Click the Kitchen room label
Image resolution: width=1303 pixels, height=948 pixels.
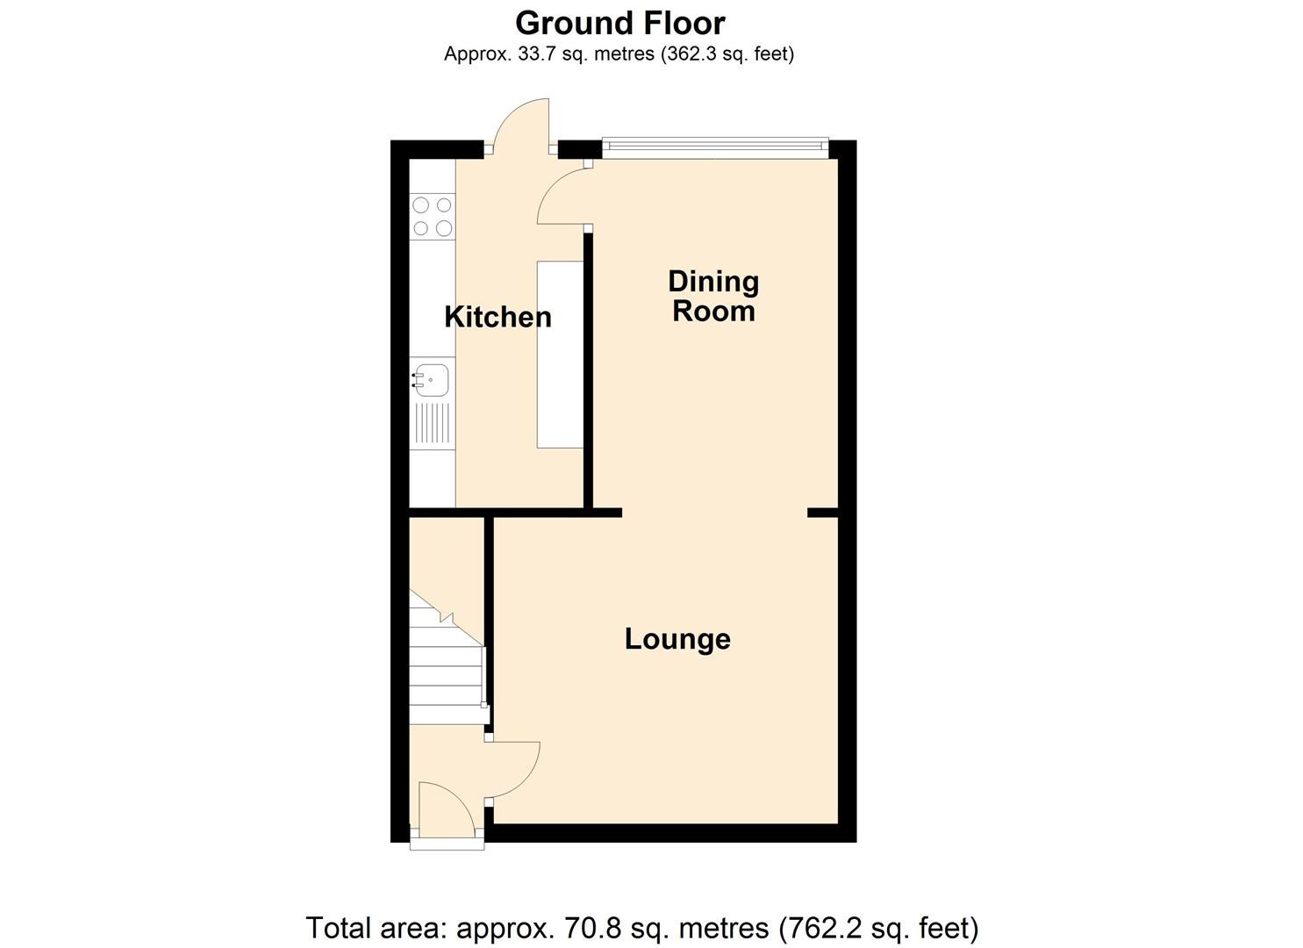click(x=498, y=317)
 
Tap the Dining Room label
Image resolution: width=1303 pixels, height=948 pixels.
click(x=713, y=296)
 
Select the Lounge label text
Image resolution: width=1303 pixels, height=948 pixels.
click(x=677, y=639)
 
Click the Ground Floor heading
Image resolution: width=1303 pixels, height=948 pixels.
click(x=620, y=24)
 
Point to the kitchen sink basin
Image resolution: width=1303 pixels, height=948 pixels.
click(x=431, y=381)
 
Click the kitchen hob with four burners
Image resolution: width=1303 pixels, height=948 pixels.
click(x=433, y=217)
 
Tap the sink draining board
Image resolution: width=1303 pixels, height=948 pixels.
click(x=433, y=424)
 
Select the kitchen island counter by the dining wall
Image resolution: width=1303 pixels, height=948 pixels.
click(x=560, y=355)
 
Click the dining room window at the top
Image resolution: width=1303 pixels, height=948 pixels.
click(x=715, y=147)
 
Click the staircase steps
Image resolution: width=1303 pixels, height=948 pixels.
click(x=447, y=657)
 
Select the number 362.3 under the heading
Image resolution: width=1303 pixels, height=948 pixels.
click(x=690, y=54)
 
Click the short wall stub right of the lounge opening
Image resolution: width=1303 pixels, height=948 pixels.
click(x=822, y=513)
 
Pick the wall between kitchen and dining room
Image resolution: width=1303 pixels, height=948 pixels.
click(x=588, y=370)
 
